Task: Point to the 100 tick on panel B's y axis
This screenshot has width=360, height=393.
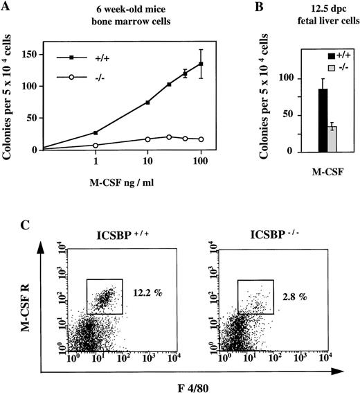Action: (297, 78)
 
